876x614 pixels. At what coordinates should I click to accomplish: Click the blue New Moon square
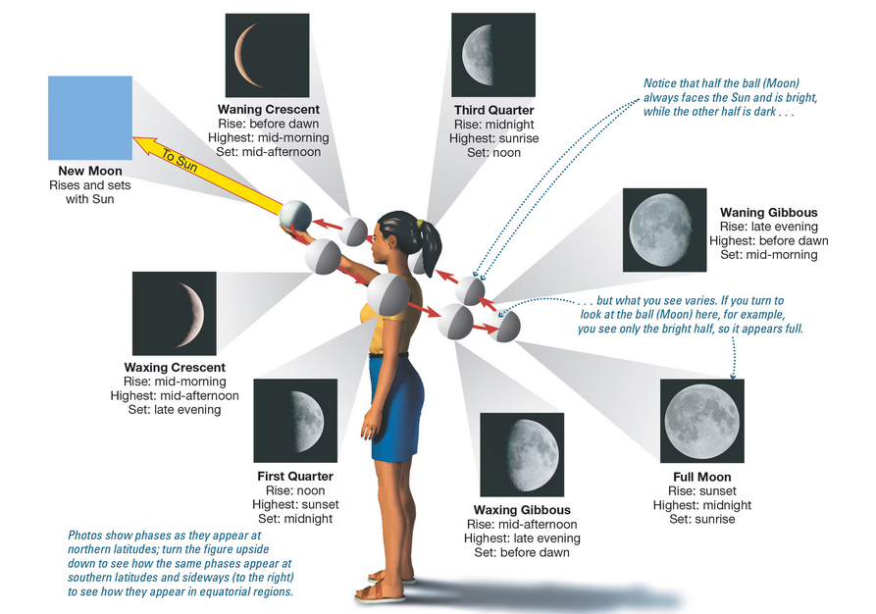pyautogui.click(x=89, y=118)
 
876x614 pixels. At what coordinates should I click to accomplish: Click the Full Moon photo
pyautogui.click(x=701, y=420)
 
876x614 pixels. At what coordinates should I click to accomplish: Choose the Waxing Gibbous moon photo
pyautogui.click(x=521, y=454)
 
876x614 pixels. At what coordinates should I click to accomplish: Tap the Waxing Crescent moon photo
pyautogui.click(x=174, y=313)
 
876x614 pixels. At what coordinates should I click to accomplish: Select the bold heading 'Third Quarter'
pyautogui.click(x=492, y=109)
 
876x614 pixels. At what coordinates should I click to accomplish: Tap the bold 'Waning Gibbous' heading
pyautogui.click(x=768, y=212)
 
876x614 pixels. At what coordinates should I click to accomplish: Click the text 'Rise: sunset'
pyautogui.click(x=701, y=491)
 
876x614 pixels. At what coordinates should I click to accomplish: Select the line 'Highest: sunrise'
pyautogui.click(x=492, y=138)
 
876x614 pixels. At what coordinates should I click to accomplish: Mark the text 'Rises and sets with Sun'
pyautogui.click(x=90, y=191)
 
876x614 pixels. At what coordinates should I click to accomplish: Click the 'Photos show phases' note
pyautogui.click(x=181, y=564)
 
